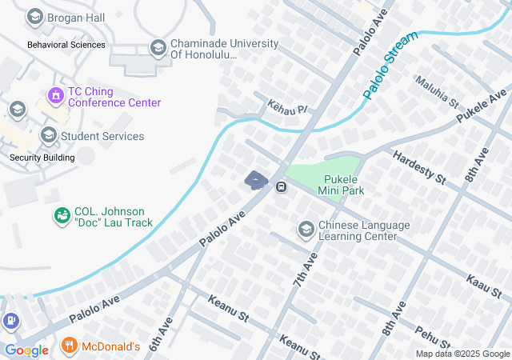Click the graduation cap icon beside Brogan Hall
[34, 17]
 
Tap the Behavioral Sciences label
[66, 45]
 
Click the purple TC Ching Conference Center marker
[55, 97]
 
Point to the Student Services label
[102, 136]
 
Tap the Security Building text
[42, 158]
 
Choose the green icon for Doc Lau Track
[62, 216]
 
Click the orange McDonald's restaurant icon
[70, 346]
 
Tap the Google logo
[26, 350]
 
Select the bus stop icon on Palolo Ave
[282, 187]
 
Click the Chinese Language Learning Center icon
[306, 230]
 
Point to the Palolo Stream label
[390, 66]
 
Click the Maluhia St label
[436, 92]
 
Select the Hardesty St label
[418, 166]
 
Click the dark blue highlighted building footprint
[256, 181]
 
